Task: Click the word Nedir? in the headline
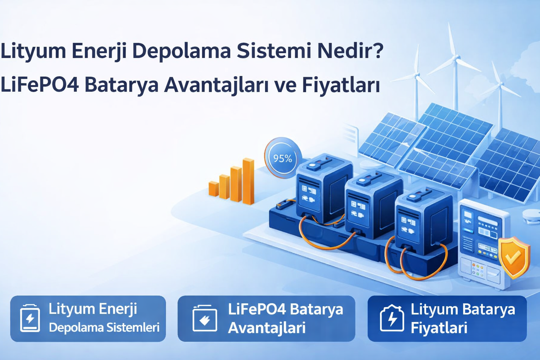tap(350, 51)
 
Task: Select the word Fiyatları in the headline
tap(341, 85)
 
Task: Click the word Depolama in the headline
tap(181, 51)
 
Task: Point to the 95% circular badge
tap(282, 158)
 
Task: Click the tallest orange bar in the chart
tap(248, 181)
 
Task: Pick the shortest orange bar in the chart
tap(213, 188)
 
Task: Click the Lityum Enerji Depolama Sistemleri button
tap(88, 319)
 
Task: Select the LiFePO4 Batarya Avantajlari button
tap(266, 319)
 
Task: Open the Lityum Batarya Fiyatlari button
tap(447, 319)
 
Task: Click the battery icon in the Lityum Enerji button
tap(30, 319)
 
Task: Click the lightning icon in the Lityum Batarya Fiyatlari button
tap(392, 319)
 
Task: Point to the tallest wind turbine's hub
tap(455, 57)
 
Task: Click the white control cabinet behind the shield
tap(482, 243)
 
